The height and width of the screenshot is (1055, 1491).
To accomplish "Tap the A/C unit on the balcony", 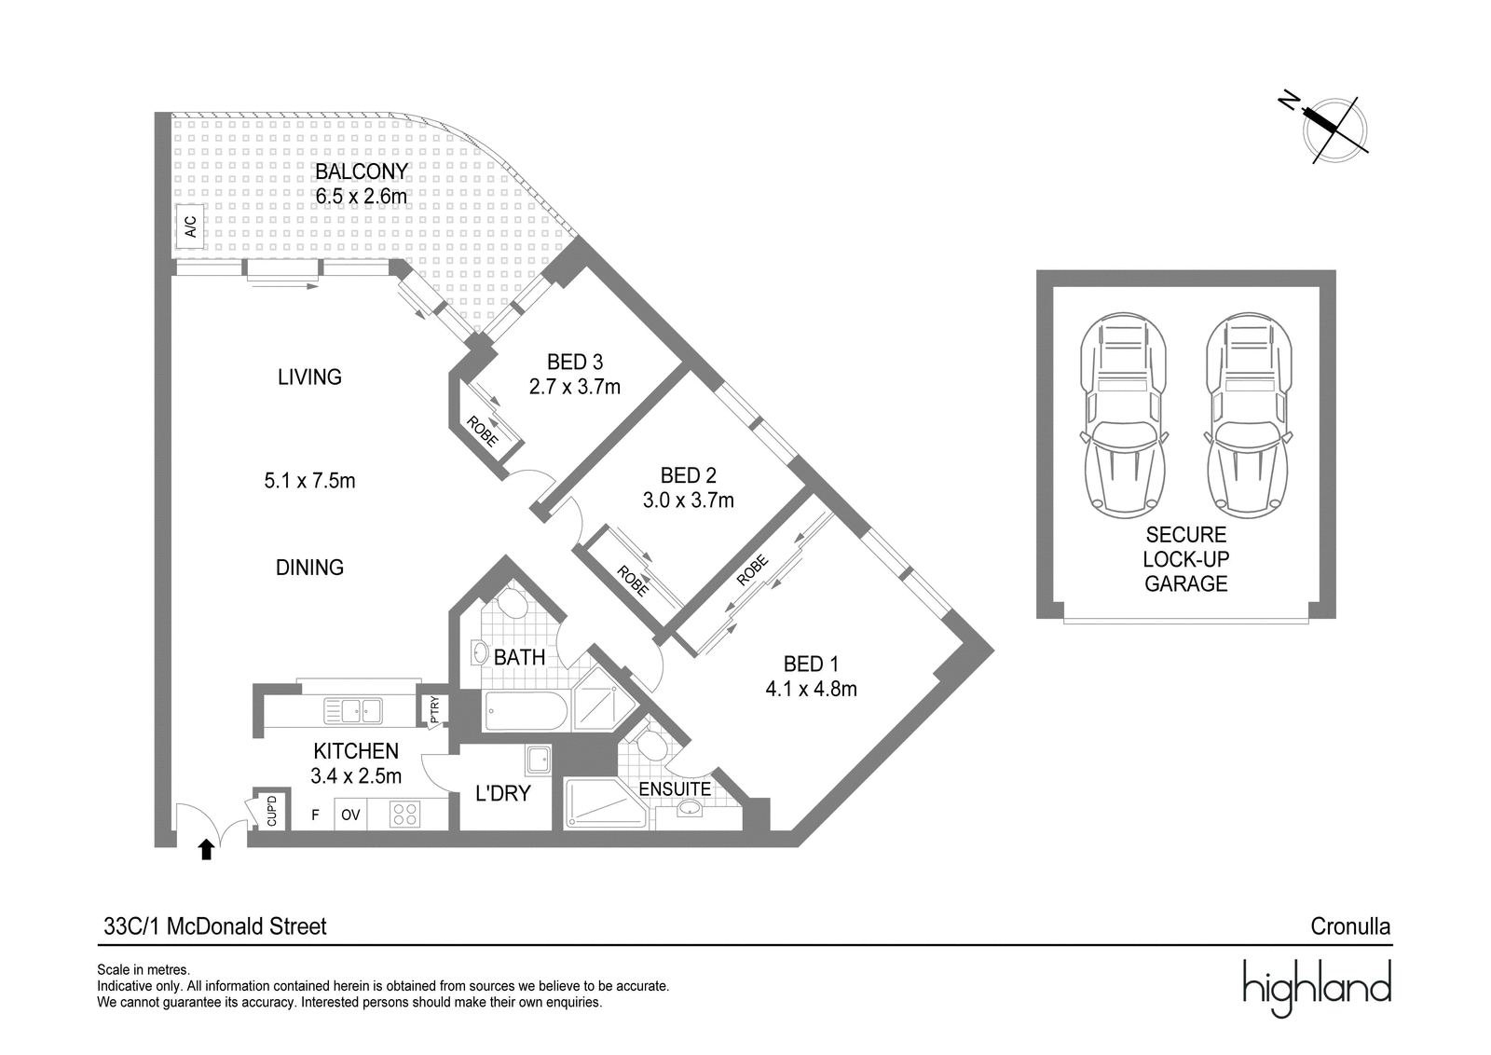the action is pos(190,226).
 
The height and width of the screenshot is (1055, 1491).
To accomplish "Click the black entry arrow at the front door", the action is pos(206,849).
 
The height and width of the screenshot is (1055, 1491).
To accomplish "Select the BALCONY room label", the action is pos(362,171).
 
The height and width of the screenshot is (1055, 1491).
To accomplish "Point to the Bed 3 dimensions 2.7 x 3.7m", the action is pos(574,387).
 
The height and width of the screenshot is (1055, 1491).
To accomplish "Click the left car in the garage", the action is pos(1124,416).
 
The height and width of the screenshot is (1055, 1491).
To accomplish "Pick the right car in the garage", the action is pos(1249,416).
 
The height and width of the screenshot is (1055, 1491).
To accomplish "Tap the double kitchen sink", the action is pos(353,711).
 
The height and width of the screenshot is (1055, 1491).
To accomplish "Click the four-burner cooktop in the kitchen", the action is pos(405,814).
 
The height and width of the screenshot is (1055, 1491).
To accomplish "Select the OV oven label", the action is pos(350,815).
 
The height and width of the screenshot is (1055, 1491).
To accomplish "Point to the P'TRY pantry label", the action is pos(434,709).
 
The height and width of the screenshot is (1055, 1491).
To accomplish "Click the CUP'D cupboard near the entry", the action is pos(271,811).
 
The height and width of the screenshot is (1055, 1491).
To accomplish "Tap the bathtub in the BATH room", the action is pos(526,711).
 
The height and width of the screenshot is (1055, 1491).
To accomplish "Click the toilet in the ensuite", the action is pos(650,744).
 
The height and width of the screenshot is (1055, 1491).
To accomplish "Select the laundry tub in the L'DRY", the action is pos(538,760).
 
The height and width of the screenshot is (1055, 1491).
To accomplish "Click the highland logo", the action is pos(1318,988).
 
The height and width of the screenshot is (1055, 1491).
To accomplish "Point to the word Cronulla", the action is pos(1350,925).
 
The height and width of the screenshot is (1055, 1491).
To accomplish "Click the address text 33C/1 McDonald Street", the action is pos(215,925).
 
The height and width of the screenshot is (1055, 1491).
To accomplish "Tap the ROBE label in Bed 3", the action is pos(483,432).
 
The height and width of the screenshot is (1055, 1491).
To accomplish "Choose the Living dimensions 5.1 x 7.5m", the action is pos(309,481).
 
